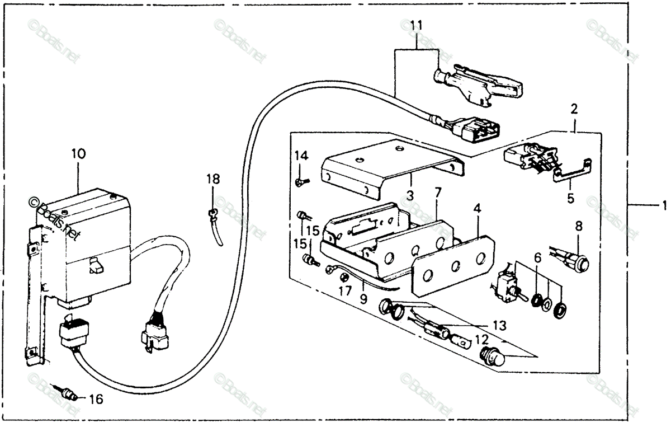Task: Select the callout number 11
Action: [417, 26]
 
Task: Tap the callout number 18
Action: [213, 179]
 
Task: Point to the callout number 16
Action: [96, 399]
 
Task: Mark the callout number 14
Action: [301, 156]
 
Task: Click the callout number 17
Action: [345, 292]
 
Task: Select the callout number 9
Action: [363, 299]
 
